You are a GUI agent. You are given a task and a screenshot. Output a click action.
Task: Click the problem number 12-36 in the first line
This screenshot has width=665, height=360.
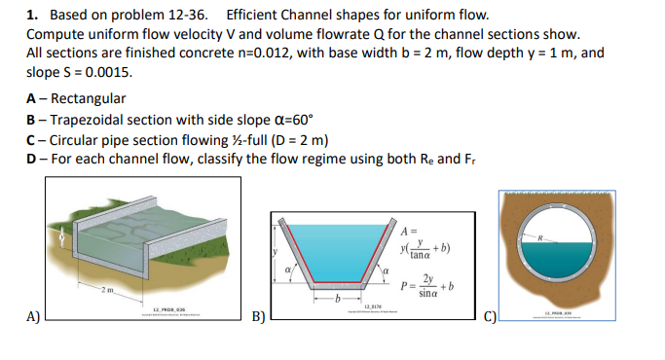click(x=195, y=16)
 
